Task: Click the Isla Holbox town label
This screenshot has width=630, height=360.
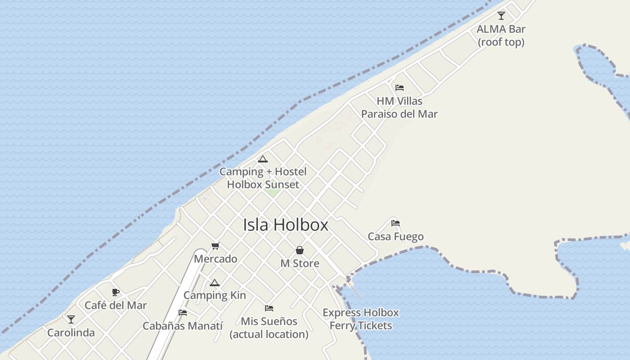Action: [x=286, y=225]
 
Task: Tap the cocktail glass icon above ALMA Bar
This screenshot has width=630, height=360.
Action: [x=501, y=16]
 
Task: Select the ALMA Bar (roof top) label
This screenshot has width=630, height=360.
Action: [x=501, y=36]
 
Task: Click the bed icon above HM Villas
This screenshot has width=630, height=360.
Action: [x=399, y=88]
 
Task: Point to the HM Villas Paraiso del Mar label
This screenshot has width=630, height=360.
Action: [x=399, y=108]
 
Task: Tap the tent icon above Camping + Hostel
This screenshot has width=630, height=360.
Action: [x=263, y=159]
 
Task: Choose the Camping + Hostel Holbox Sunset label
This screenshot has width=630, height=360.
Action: [x=263, y=178]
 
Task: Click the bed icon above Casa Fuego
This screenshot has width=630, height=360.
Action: [x=396, y=223]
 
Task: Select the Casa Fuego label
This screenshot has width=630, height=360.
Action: [x=396, y=237]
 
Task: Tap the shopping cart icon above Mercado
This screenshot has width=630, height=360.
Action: [x=216, y=246]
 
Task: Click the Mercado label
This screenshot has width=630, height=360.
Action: [x=216, y=259]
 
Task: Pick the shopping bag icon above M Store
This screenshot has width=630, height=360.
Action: [x=300, y=250]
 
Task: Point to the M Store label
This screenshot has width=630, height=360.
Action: [x=300, y=263]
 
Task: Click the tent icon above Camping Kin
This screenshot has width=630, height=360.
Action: [x=215, y=283]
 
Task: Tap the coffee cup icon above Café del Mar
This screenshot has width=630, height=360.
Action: [x=116, y=292]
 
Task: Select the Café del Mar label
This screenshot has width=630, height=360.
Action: [x=116, y=305]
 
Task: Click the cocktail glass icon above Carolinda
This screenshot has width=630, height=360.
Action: [x=71, y=319]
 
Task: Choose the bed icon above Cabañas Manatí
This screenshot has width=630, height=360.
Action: [x=183, y=312]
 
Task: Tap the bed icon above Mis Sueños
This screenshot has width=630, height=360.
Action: [x=269, y=308]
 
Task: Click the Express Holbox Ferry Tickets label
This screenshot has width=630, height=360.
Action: [x=360, y=319]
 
